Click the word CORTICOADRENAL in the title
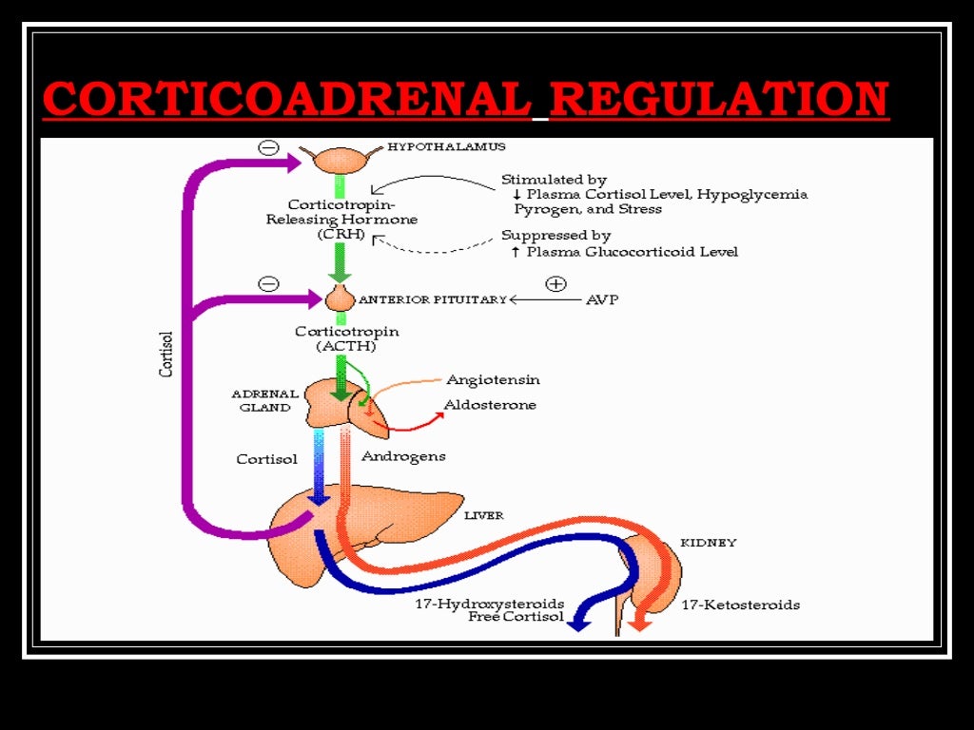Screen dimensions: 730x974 click(x=287, y=100)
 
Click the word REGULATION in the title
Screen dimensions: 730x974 click(x=719, y=100)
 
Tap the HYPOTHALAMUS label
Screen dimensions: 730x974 click(x=446, y=147)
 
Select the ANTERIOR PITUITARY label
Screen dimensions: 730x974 click(x=433, y=299)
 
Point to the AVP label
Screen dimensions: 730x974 click(x=603, y=299)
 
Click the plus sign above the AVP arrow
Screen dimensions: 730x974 click(x=555, y=283)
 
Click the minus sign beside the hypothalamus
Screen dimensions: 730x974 click(x=268, y=148)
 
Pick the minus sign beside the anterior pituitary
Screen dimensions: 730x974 click(x=268, y=283)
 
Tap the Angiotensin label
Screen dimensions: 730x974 click(x=493, y=379)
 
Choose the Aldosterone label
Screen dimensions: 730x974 click(x=490, y=405)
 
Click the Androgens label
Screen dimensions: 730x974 click(x=403, y=456)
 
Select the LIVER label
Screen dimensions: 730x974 click(x=483, y=516)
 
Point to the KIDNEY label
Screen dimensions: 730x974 click(x=708, y=543)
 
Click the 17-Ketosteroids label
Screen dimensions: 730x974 click(x=740, y=605)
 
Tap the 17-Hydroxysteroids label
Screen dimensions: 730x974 click(x=489, y=605)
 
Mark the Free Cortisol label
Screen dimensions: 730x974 click(x=516, y=617)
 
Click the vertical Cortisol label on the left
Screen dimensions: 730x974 click(x=166, y=354)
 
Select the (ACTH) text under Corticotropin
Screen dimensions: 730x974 click(x=347, y=347)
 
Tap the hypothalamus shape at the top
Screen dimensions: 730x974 click(x=341, y=158)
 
